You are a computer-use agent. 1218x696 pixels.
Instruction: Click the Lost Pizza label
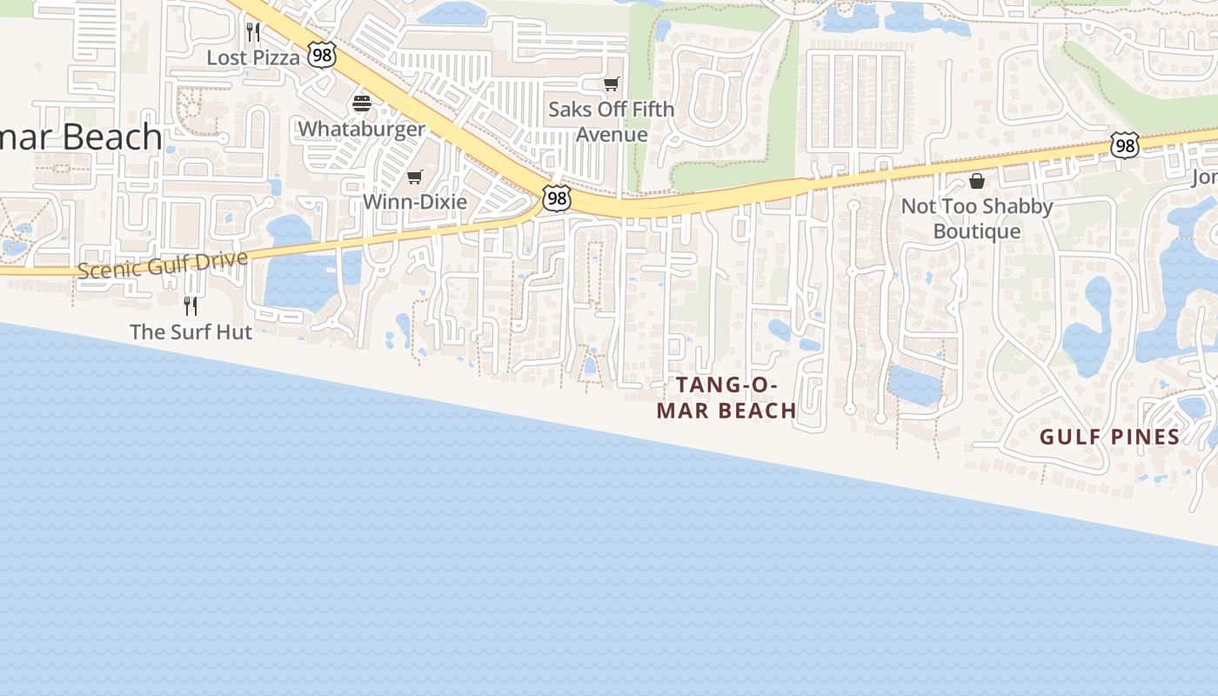click(x=253, y=58)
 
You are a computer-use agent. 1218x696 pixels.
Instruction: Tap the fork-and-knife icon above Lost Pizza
click(x=253, y=32)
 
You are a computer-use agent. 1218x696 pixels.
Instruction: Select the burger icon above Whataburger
click(x=362, y=104)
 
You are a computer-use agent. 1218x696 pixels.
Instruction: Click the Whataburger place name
click(x=362, y=130)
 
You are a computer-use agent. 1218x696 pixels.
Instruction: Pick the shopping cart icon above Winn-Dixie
click(x=415, y=177)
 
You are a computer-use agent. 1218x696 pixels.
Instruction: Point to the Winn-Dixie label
click(x=415, y=202)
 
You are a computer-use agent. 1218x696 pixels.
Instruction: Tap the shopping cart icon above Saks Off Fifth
click(x=612, y=84)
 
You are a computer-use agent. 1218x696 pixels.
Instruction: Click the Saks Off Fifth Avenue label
click(x=612, y=122)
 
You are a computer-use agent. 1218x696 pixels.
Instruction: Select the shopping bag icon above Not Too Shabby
click(x=977, y=181)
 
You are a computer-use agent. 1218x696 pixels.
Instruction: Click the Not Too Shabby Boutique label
click(x=977, y=218)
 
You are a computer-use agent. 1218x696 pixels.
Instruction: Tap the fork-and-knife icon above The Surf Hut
click(x=191, y=306)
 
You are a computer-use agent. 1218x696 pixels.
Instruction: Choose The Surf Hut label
click(x=191, y=331)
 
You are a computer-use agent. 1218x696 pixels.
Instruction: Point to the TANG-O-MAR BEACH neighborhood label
click(x=726, y=398)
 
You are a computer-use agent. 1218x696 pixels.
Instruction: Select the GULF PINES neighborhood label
click(x=1110, y=437)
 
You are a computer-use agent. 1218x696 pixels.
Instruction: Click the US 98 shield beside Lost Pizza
click(x=322, y=54)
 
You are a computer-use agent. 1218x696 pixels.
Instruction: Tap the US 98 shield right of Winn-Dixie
click(x=556, y=198)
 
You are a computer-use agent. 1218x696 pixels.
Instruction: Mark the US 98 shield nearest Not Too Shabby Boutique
click(x=1125, y=146)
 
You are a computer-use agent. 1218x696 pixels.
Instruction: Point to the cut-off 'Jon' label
click(x=1205, y=177)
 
